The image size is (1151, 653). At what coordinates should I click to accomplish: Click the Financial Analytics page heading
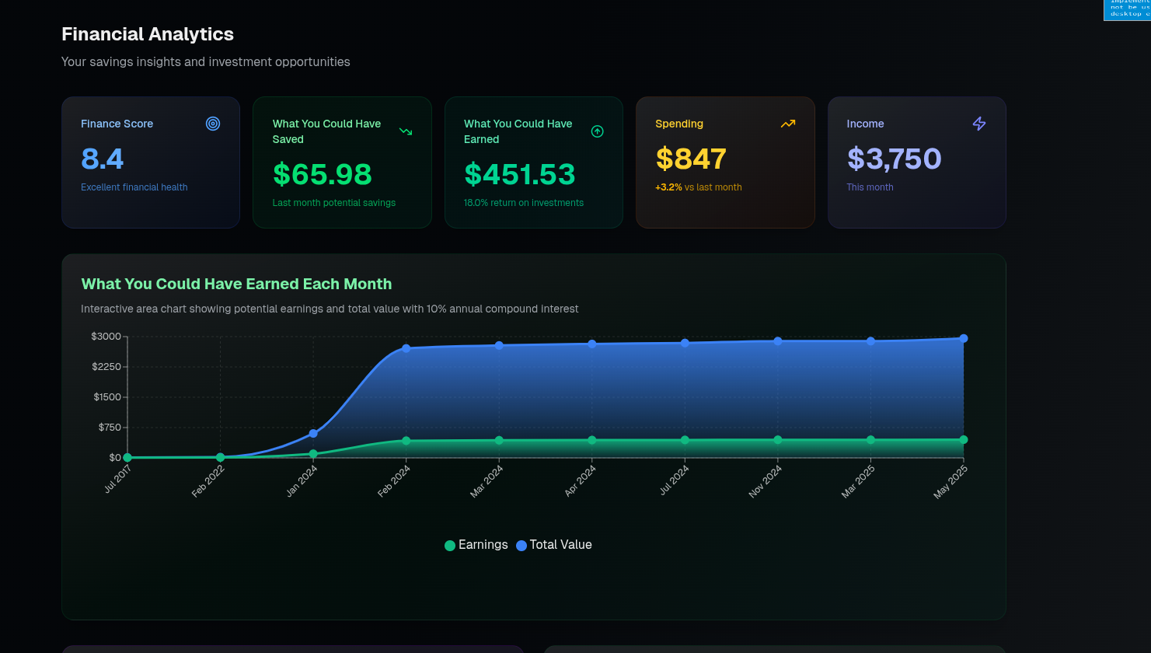tap(148, 34)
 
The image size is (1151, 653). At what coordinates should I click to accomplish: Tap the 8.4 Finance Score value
tap(103, 159)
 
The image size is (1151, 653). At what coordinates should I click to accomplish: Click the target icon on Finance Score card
tap(213, 124)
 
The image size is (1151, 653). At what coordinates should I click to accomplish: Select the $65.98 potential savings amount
tap(323, 175)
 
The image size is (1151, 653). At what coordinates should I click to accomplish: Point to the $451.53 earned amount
tap(519, 175)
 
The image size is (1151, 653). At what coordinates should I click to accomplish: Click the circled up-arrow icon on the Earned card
tap(597, 131)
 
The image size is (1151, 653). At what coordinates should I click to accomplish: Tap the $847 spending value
tap(691, 159)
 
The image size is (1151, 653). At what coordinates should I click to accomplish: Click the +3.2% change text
tap(668, 187)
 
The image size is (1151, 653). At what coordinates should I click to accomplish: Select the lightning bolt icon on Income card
tap(979, 124)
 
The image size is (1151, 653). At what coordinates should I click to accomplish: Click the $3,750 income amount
tap(894, 159)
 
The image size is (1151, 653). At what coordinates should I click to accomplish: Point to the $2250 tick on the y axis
tap(106, 367)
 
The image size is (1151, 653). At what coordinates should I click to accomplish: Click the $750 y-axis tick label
tap(110, 428)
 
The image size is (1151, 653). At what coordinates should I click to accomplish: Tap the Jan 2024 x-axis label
tap(302, 480)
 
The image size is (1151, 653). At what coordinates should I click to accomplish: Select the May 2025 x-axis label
tap(951, 481)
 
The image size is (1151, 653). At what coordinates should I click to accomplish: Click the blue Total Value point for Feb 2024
tap(406, 348)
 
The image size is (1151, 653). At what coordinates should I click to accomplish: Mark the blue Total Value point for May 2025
tap(964, 338)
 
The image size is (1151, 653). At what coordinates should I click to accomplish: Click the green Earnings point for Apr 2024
tap(592, 440)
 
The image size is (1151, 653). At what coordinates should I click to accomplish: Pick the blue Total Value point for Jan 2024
tap(313, 433)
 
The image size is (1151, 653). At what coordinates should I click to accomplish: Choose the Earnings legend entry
tap(476, 545)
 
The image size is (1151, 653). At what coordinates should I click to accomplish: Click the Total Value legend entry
tap(554, 545)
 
